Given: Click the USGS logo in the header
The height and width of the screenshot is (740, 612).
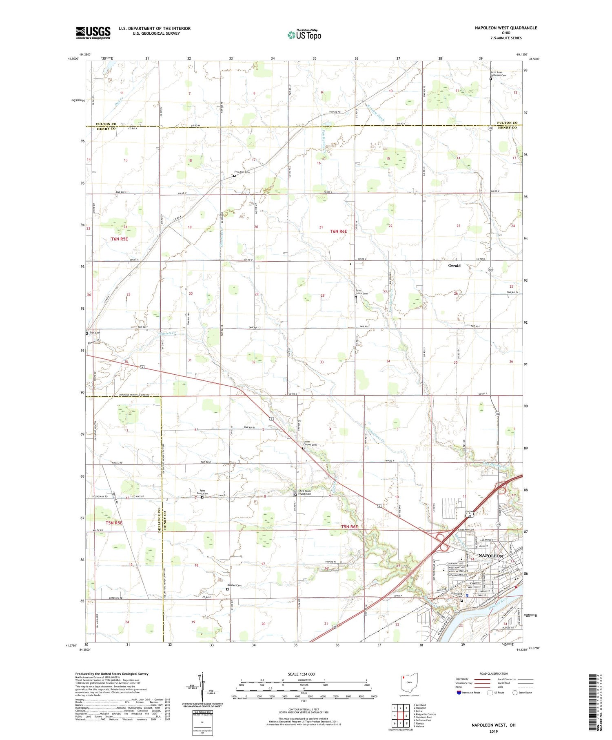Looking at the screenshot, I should coord(93,33).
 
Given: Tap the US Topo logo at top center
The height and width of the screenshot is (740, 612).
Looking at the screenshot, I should coord(304,35).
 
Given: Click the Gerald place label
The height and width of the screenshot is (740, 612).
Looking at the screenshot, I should coord(454,266).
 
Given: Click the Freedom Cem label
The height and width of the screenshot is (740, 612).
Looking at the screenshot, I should coord(242,172).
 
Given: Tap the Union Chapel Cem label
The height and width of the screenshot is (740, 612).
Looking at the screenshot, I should coord(310,443).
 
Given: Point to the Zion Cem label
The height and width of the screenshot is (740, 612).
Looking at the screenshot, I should coord(95,333).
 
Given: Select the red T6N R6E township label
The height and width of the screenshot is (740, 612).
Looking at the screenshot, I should coord(338,231).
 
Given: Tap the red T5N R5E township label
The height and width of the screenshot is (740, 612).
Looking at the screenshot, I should coord(114,522).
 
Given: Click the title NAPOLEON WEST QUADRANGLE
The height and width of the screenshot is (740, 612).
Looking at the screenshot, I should coord(506,28).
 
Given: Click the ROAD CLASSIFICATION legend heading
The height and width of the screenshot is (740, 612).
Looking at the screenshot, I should coord(488,673).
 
